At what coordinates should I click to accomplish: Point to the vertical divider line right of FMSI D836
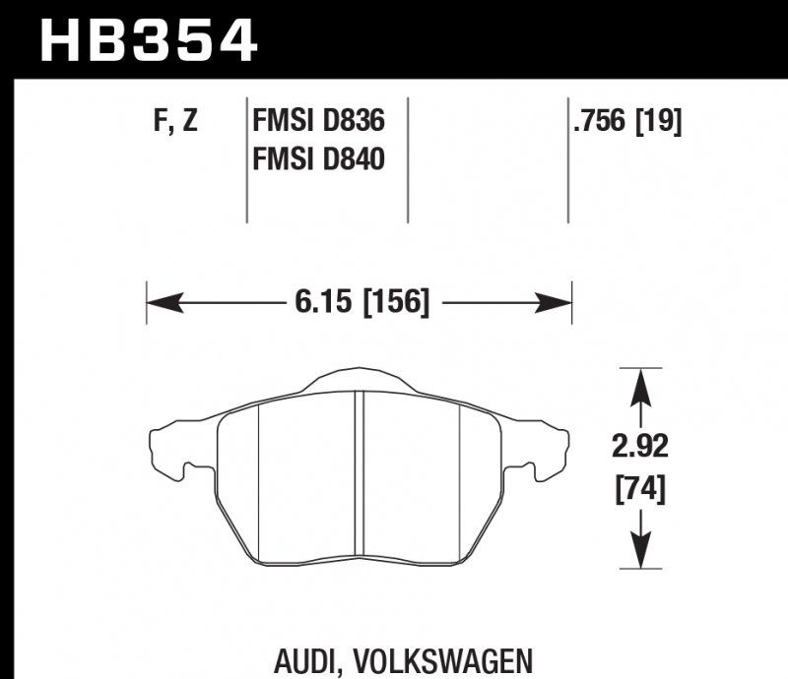point(408,157)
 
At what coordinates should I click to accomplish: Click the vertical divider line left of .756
point(568,157)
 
